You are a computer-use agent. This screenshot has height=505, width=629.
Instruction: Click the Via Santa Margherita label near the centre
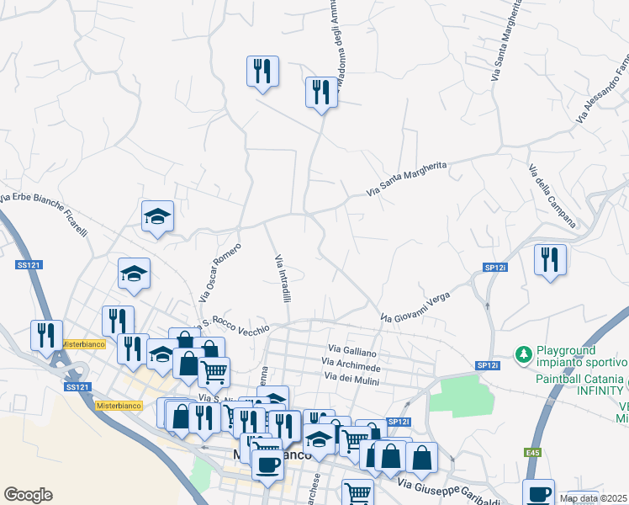407,180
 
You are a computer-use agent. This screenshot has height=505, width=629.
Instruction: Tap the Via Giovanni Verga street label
415,307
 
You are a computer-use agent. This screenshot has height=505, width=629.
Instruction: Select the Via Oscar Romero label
220,273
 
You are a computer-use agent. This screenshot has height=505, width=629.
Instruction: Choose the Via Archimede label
353,368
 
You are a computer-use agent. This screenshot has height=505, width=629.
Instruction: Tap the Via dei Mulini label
351,382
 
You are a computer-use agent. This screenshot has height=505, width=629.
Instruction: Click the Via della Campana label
552,195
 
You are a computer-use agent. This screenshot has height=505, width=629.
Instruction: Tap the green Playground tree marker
523,354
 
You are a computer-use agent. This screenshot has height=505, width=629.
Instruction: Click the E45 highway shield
533,454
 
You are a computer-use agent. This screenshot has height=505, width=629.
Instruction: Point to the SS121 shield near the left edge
29,265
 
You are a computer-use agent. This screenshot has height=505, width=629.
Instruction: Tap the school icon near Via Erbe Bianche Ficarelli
157,215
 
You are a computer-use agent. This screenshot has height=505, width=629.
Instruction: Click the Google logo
28,495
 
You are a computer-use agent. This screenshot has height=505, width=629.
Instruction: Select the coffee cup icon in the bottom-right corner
538,493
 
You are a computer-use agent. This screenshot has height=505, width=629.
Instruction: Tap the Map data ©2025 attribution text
593,498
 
